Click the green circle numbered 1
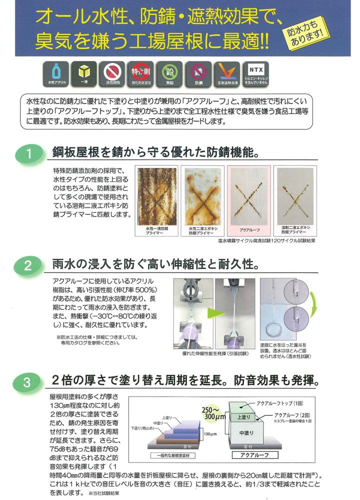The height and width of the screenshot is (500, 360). [29, 154]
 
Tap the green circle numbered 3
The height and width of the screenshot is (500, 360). [29, 383]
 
